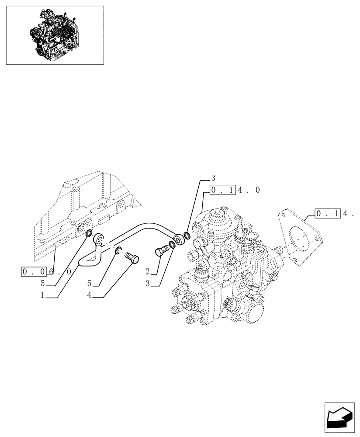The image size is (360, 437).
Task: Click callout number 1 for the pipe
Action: coord(42,295)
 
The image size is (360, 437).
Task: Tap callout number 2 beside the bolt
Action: coord(148,271)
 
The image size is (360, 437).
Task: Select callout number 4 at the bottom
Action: coord(89,295)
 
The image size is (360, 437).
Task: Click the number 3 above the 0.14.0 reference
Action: coord(213,177)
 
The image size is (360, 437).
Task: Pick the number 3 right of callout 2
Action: coord(148,284)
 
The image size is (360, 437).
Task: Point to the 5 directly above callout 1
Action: coord(42,283)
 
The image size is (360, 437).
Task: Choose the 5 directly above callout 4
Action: coord(89,283)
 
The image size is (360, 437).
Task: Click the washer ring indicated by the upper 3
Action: coord(187,236)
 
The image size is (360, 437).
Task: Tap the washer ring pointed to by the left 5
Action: coord(88,233)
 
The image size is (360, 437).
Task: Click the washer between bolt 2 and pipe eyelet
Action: coord(172,245)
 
